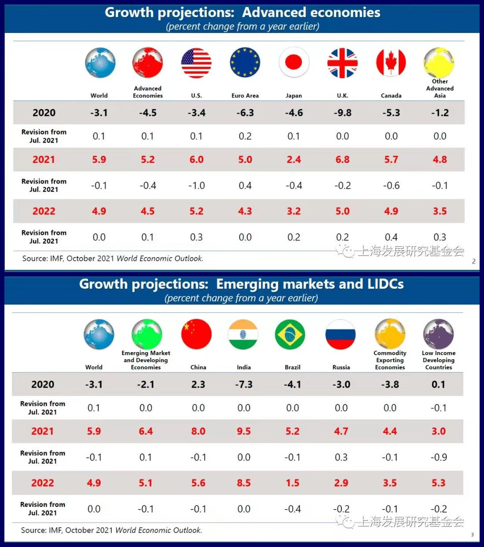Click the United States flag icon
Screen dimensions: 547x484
coord(196,63)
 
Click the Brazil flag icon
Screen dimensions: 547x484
coord(290,334)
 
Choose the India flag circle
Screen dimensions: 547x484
coord(243,334)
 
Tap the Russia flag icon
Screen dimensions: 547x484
coord(341,334)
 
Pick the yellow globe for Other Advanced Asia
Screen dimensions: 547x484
coord(439,62)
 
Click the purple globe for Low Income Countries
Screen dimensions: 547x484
coord(438,334)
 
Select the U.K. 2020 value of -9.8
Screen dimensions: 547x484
coord(342,113)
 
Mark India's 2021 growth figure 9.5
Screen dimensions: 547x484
coord(244,431)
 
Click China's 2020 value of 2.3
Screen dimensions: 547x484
coord(198,384)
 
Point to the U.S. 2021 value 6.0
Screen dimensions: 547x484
coord(196,160)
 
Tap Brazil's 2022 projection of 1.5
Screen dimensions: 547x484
coord(293,483)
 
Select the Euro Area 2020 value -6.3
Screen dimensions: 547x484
coord(245,113)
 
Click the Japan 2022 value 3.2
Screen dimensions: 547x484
coord(294,211)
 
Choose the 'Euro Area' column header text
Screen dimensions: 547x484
coord(245,95)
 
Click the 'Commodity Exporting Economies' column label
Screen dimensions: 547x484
coord(390,360)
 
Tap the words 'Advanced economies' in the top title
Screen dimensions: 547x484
coord(311,12)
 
